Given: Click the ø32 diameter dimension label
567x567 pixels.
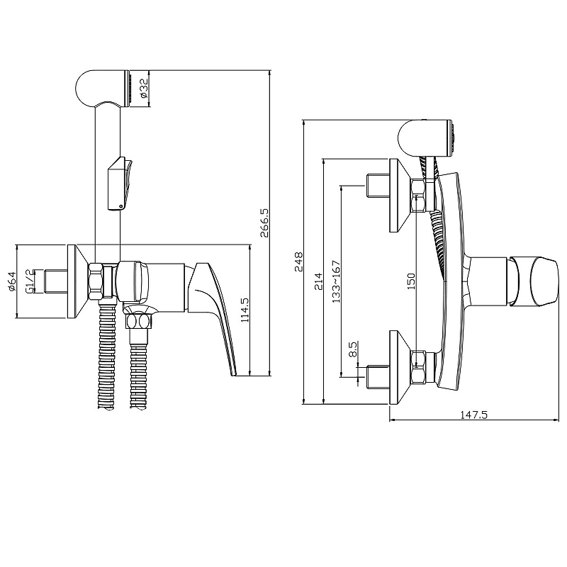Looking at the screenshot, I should coord(142,88).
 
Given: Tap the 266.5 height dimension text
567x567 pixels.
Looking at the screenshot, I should coord(264,222).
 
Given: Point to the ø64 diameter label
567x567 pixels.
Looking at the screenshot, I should coord(11,281).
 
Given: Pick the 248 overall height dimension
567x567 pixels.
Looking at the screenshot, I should coord(298,262).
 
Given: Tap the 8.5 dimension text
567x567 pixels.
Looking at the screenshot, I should coord(352,349).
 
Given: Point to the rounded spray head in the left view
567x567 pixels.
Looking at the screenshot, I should coord(99,87).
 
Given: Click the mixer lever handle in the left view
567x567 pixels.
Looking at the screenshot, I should coord(218,312).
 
